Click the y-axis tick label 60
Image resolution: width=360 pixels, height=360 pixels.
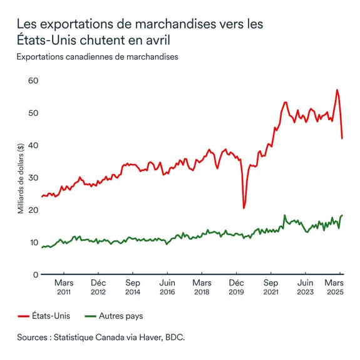click(33, 81)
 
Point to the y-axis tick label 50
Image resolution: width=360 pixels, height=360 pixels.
click(33, 113)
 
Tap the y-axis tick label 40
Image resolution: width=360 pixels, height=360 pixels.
click(33, 145)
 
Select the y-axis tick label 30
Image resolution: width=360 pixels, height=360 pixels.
click(33, 178)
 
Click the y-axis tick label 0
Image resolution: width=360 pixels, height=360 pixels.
click(36, 275)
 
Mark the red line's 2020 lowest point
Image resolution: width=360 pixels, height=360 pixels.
click(244, 207)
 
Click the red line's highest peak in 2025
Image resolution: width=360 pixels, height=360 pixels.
click(337, 90)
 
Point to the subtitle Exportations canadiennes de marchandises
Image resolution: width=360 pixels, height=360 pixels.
click(98, 57)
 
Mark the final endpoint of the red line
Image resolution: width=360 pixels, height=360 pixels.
click(342, 138)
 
